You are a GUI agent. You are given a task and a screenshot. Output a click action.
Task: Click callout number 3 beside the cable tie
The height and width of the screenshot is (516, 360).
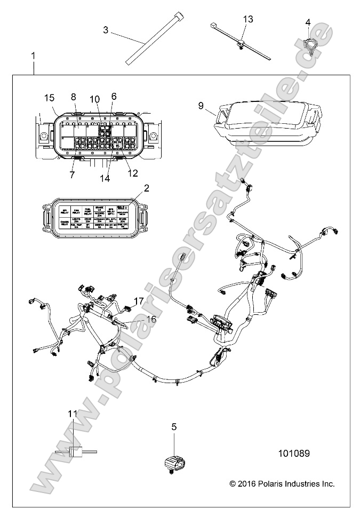pos(106,30)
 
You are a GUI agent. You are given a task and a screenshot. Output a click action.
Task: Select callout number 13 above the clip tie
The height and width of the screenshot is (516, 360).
pos(248,19)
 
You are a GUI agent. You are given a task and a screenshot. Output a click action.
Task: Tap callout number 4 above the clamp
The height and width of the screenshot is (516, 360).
pos(308,22)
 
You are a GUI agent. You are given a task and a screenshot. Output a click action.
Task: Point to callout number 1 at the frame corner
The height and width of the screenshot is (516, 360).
pos(34,55)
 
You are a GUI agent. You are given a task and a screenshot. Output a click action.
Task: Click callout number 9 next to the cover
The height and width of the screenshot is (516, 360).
pos(201,106)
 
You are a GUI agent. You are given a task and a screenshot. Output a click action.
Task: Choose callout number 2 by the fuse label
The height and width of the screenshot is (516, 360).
pos(146,188)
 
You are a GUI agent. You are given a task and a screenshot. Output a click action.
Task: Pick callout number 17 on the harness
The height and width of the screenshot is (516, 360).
pos(139,301)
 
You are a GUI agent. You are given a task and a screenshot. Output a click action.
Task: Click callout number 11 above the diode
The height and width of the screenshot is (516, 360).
pos(73,413)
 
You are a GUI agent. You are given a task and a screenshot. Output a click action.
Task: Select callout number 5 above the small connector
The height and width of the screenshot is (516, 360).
pos(173,426)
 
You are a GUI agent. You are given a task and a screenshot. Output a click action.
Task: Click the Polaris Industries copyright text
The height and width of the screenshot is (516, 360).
pos(282,483)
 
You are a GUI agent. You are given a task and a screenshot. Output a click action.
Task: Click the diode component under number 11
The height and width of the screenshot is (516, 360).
pos(75,451)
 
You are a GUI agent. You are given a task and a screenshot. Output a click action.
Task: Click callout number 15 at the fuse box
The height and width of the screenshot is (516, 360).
pos(50,98)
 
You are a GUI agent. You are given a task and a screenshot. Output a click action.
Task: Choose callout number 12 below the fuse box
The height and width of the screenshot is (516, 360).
pos(133,173)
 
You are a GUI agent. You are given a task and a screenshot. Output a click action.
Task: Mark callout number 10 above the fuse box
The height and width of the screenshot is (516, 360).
pos(94,99)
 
